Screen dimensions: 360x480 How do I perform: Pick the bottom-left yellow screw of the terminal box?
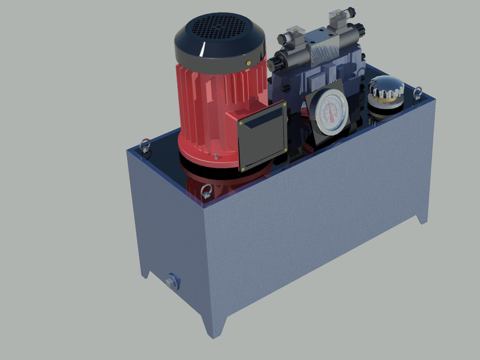(243, 168)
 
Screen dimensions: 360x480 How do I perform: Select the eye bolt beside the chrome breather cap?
(418, 93)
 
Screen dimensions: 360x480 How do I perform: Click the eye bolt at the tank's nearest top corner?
(207, 192)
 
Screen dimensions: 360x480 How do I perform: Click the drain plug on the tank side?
(172, 281)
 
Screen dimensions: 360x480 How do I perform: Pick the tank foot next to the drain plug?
(146, 272)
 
